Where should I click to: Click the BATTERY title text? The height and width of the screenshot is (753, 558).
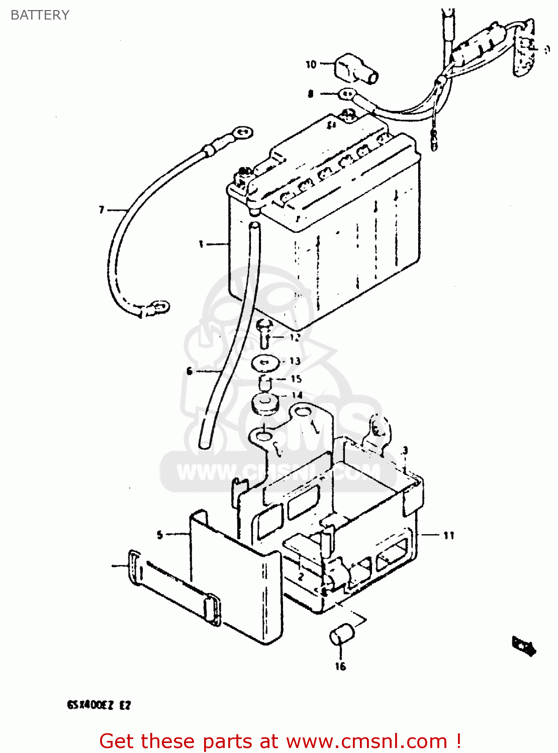(x=40, y=15)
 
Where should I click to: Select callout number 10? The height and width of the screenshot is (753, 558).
(x=311, y=64)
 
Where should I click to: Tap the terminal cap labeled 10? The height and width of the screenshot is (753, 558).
(x=354, y=70)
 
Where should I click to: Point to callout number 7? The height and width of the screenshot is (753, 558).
(x=102, y=209)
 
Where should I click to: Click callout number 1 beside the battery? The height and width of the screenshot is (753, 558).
(x=201, y=244)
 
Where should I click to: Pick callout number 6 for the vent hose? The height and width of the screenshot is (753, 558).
(x=189, y=371)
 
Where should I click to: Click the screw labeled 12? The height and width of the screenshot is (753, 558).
(x=265, y=332)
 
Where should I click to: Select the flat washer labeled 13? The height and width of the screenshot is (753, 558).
(x=265, y=362)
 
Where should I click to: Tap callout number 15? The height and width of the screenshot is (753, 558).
(x=296, y=379)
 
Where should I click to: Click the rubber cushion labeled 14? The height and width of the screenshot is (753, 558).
(x=265, y=404)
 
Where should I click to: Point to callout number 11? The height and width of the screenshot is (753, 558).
(x=448, y=536)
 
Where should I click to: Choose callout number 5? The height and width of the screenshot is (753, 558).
(x=160, y=535)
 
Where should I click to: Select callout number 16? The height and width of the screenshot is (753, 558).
(x=340, y=666)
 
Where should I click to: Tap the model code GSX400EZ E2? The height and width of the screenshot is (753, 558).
(x=99, y=705)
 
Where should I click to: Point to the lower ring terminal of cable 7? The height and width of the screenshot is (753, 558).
(x=160, y=306)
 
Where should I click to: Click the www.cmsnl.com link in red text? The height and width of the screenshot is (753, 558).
(x=366, y=741)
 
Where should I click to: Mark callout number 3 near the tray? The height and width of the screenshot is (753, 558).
(x=405, y=450)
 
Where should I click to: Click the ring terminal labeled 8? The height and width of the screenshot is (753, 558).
(x=347, y=93)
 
